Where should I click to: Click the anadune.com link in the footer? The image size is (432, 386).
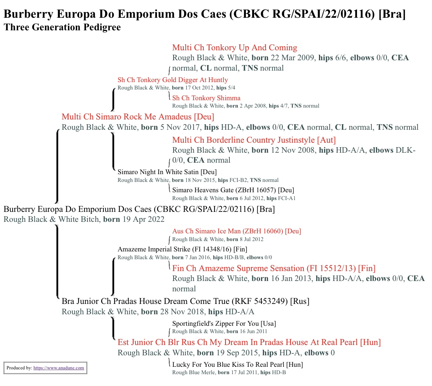[x=59, y=368]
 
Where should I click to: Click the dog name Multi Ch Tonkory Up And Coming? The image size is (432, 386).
[x=235, y=47]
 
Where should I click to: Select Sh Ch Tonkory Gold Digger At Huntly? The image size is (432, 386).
[x=173, y=80]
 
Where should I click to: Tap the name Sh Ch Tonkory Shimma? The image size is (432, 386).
[x=206, y=98]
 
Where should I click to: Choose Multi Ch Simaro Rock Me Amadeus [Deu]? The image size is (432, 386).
[x=138, y=117]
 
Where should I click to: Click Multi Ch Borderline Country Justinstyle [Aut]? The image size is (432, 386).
[x=254, y=140]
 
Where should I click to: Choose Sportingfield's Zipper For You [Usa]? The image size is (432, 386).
[x=224, y=324]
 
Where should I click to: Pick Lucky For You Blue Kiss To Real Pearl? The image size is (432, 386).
[x=237, y=365]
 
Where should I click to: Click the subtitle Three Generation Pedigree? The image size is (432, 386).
[x=62, y=27]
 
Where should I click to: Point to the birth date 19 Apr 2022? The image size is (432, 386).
[x=143, y=219]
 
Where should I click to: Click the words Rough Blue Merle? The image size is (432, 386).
[x=193, y=372]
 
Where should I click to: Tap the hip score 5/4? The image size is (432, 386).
[x=232, y=88]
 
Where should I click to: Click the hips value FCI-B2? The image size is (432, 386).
[x=238, y=180]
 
